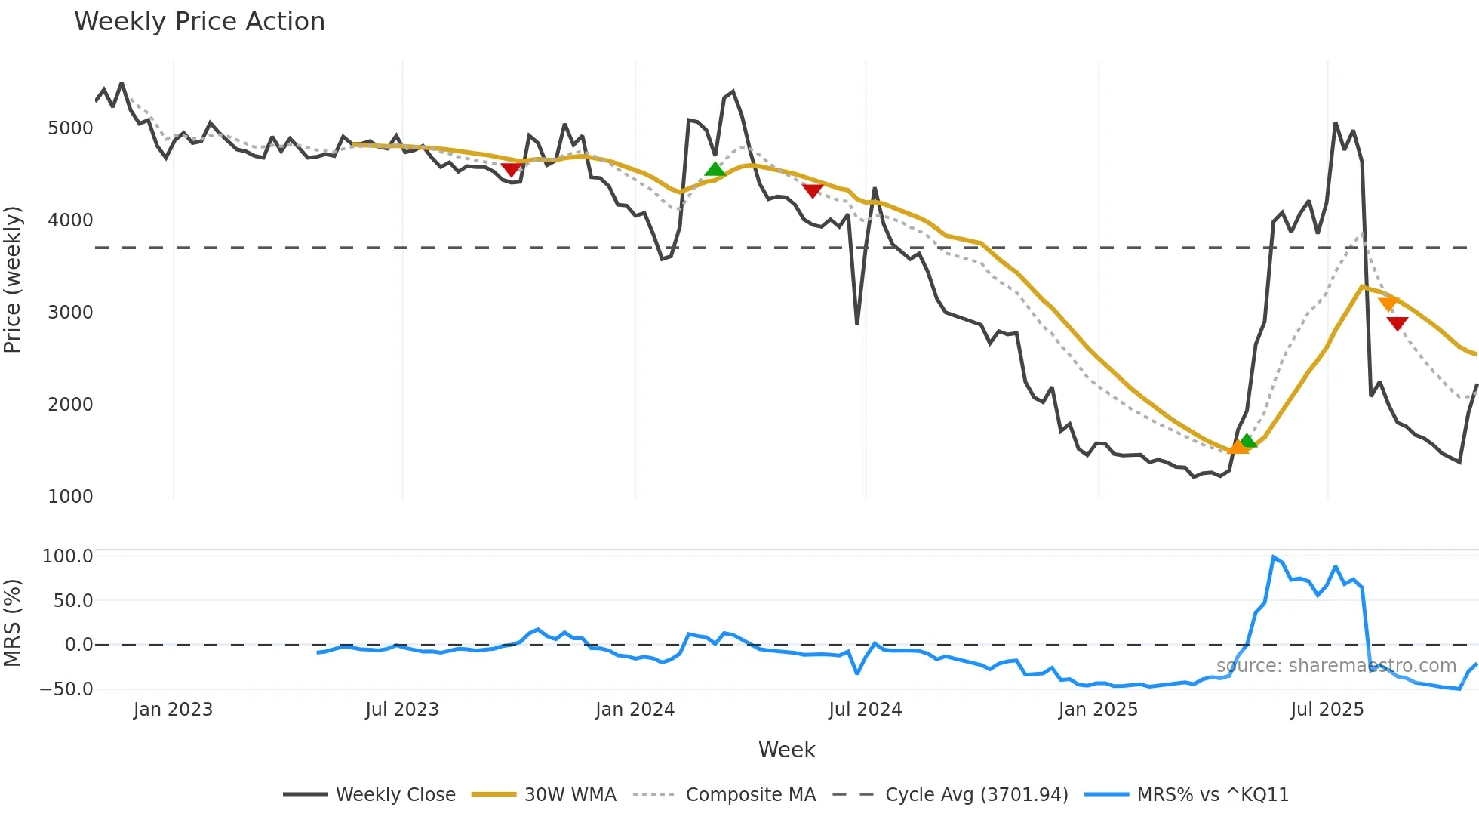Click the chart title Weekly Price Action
199,22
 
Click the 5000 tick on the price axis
70,128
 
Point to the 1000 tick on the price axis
70,497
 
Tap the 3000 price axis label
70,313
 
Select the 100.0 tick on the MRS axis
67,556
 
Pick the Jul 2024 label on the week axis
865,710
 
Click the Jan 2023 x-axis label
173,710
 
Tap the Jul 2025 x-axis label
1327,710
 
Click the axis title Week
786,750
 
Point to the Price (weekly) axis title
13,279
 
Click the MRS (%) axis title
13,623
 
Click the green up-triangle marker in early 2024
715,169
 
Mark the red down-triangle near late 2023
511,170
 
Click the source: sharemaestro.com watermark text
1336,666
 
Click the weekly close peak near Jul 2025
1335,123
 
